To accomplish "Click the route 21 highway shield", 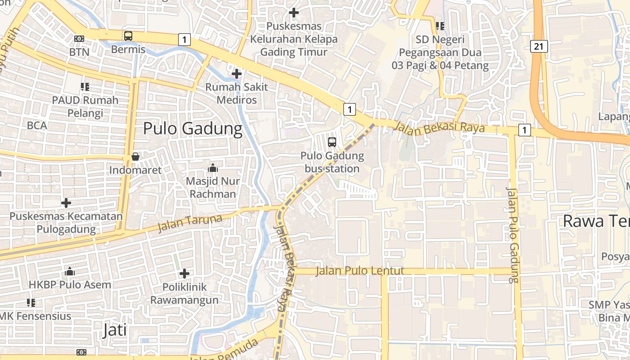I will (539, 45).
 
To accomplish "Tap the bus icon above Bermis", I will (128, 36).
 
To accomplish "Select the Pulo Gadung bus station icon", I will (332, 142).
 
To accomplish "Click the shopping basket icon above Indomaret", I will (135, 157).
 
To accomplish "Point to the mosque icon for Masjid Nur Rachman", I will (213, 168).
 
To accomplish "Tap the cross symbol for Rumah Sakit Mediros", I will (236, 73).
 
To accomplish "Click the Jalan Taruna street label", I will (190, 223).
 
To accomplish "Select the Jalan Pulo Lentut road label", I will (360, 271).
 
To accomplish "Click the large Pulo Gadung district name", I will (193, 129).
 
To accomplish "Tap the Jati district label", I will (114, 330).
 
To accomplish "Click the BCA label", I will (37, 125).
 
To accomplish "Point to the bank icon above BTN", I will (79, 39).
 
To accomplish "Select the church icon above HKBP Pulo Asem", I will (70, 271).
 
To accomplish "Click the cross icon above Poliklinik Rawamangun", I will (184, 273).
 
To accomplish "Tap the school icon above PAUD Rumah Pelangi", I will (85, 86).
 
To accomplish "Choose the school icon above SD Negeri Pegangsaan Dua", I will (440, 26).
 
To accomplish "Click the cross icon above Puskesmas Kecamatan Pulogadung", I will (66, 203).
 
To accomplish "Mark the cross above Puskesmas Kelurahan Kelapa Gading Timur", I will (294, 13).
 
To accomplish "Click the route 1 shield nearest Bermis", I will (184, 40).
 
